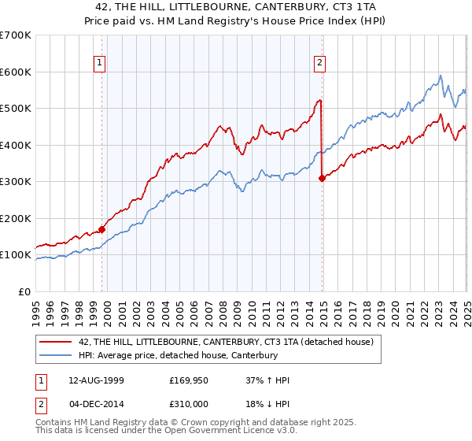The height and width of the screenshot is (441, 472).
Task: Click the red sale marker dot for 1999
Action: (x=101, y=230)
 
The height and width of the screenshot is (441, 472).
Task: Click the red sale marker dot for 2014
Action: (x=322, y=179)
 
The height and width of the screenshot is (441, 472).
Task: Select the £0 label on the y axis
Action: (x=24, y=291)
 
